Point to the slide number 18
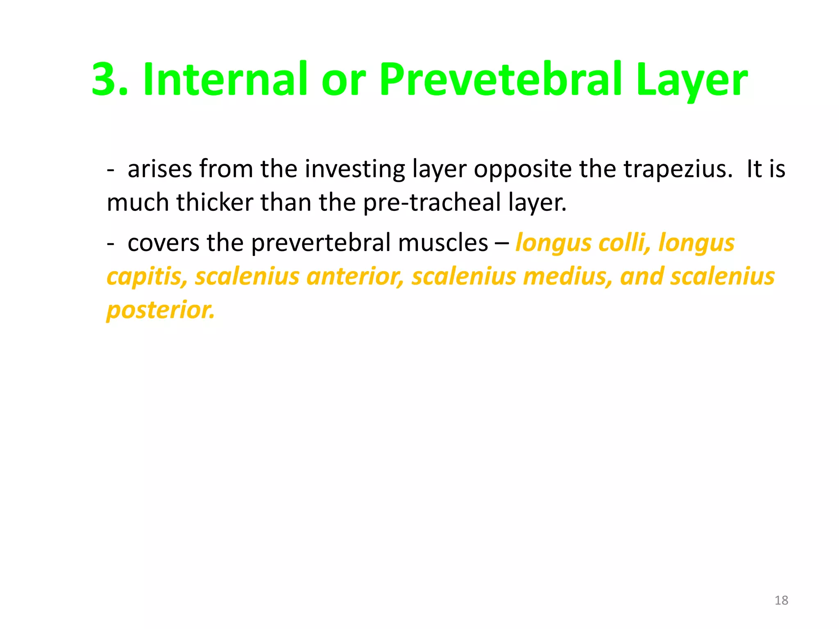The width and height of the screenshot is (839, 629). pos(781,600)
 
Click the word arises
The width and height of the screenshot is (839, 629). pos(160,169)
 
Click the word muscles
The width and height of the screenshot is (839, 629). pos(443,243)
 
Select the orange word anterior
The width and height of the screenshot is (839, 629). pos(355,276)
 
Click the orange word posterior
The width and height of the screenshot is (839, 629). pos(161,310)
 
